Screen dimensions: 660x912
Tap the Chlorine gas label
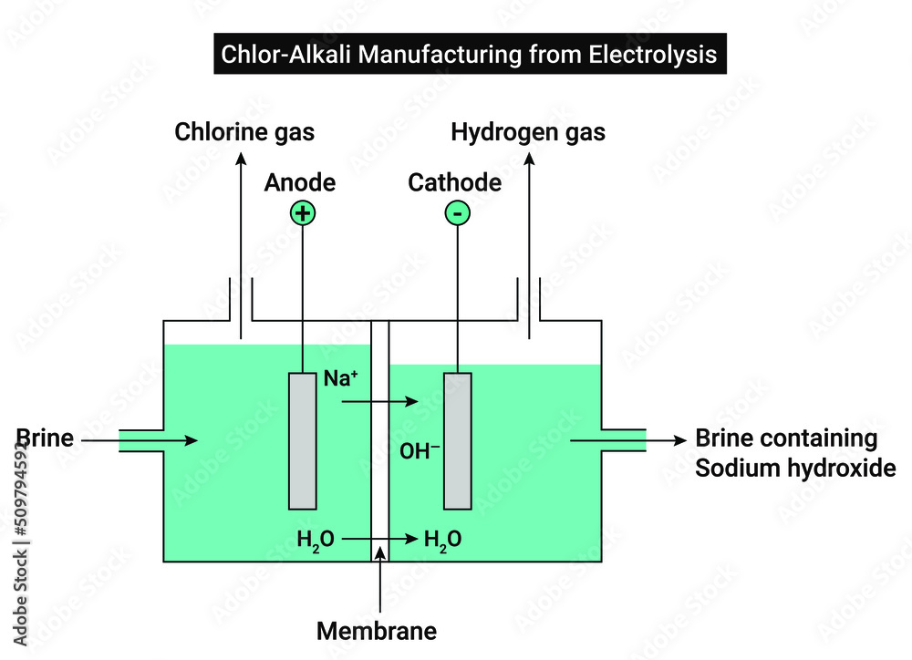coord(244,132)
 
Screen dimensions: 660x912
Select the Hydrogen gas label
coord(528,132)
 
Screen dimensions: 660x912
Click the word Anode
coord(300,182)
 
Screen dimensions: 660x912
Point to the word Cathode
coord(454,182)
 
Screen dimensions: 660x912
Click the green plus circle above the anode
coord(302,213)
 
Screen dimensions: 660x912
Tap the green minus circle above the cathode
coord(457,213)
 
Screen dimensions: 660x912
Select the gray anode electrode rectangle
coord(302,440)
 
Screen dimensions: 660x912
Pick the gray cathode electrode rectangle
coord(458,440)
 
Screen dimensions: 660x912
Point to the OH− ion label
coord(420,449)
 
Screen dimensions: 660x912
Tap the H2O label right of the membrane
coord(442,540)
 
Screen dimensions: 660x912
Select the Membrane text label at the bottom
coord(377,630)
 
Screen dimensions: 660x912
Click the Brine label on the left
coord(44,438)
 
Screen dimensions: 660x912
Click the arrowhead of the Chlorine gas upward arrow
coord(242,158)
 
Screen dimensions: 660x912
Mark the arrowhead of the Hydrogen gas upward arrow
coord(529,158)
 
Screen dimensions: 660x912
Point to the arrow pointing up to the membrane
coord(379,583)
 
